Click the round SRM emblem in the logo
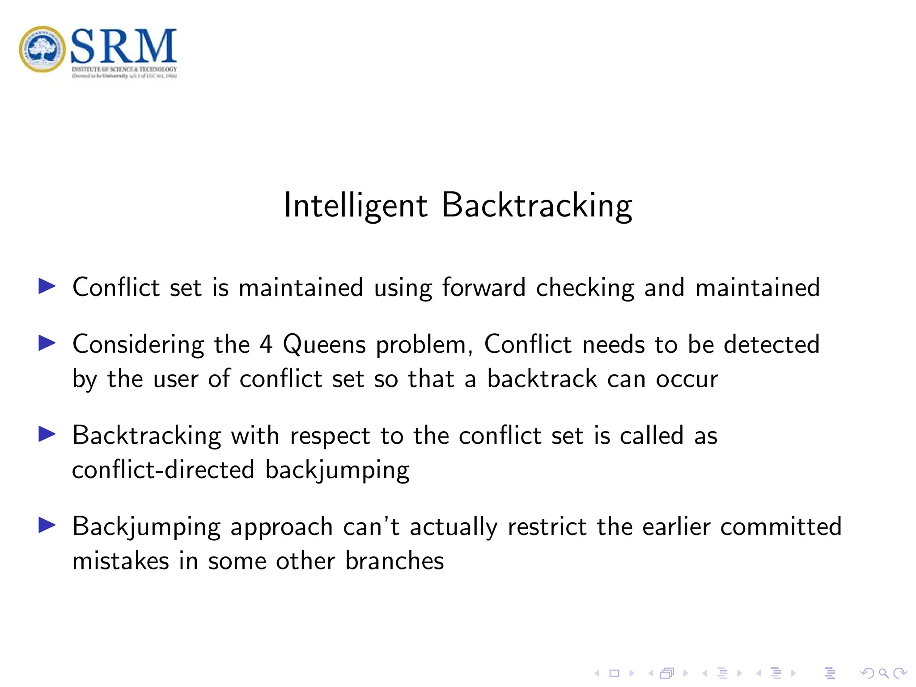pyautogui.click(x=42, y=49)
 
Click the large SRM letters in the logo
pyautogui.click(x=123, y=46)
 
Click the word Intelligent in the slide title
pyautogui.click(x=356, y=206)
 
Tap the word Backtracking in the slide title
pyautogui.click(x=537, y=206)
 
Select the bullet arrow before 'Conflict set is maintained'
pyautogui.click(x=47, y=286)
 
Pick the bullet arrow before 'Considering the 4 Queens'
pyautogui.click(x=47, y=343)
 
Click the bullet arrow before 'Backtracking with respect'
pyautogui.click(x=47, y=434)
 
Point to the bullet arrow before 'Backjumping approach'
pyautogui.click(x=47, y=525)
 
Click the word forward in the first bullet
pyautogui.click(x=483, y=287)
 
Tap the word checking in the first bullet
pyautogui.click(x=585, y=288)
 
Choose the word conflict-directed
pyautogui.click(x=163, y=470)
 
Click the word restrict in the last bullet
pyautogui.click(x=547, y=526)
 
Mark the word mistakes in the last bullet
pyautogui.click(x=120, y=561)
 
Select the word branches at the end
pyautogui.click(x=394, y=561)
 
